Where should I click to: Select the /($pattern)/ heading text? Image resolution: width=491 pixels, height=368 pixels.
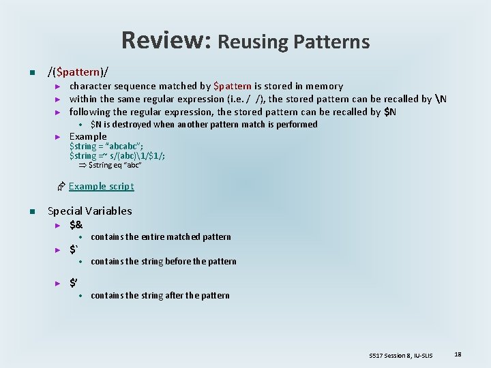(x=78, y=71)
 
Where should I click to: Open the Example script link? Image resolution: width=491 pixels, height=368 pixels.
(x=101, y=186)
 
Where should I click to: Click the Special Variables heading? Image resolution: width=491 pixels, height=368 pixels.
(x=89, y=211)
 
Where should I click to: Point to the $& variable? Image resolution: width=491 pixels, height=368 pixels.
(x=76, y=224)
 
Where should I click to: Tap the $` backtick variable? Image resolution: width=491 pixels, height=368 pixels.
(x=74, y=249)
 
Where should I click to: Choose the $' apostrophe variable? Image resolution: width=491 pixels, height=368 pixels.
(x=74, y=281)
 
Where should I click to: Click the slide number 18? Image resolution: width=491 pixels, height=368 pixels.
(x=458, y=354)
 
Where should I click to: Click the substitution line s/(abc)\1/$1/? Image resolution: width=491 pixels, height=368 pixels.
(x=117, y=155)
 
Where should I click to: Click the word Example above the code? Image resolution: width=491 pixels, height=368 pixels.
(x=88, y=136)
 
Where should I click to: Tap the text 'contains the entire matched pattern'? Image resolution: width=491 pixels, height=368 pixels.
(x=160, y=237)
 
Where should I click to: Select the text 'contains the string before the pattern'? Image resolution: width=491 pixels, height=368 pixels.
(x=163, y=262)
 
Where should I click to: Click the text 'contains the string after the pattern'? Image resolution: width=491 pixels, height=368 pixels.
(x=160, y=296)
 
